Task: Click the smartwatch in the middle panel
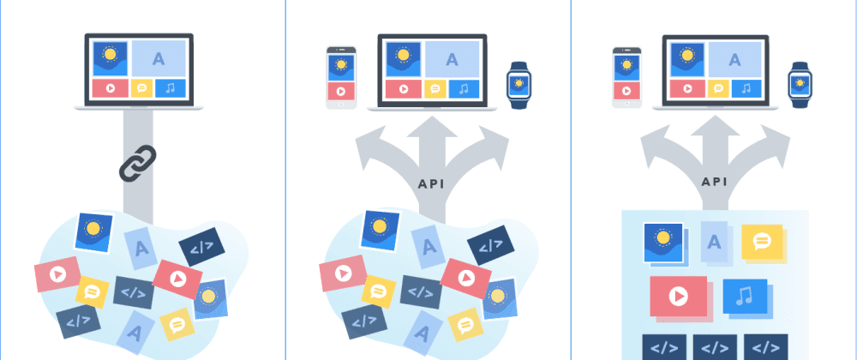point(518,83)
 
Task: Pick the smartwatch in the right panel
point(800,83)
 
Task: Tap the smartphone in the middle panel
point(340,77)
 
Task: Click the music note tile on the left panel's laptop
point(171,88)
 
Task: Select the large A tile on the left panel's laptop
point(158,58)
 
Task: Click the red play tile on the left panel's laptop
point(110,88)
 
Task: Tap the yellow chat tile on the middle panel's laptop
point(435,88)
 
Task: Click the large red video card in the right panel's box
point(678,297)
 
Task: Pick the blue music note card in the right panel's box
point(744,296)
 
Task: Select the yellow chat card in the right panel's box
point(762,242)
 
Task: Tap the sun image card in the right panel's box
point(663,242)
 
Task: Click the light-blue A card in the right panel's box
point(713,240)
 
